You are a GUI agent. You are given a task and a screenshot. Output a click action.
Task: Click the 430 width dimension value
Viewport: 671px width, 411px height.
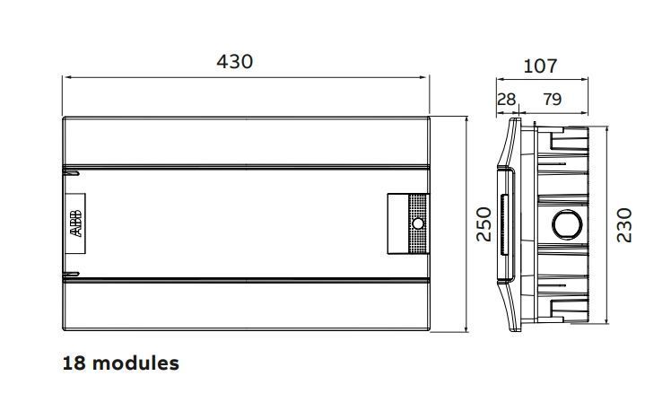pyautogui.click(x=234, y=62)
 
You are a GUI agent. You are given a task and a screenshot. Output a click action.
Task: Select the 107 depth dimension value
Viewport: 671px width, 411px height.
pyautogui.click(x=541, y=66)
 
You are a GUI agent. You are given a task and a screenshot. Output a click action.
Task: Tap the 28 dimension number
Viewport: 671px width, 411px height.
pyautogui.click(x=506, y=100)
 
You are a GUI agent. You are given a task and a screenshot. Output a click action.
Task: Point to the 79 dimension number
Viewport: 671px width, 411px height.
pyautogui.click(x=552, y=100)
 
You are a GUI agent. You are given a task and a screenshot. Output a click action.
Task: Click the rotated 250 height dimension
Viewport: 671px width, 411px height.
pyautogui.click(x=484, y=224)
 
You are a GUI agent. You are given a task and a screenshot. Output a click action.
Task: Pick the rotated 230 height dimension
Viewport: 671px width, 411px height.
pyautogui.click(x=624, y=225)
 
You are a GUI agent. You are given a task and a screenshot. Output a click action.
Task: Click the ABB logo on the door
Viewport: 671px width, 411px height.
pyautogui.click(x=75, y=223)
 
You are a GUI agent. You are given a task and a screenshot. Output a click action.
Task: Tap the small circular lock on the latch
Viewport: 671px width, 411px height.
pyautogui.click(x=418, y=223)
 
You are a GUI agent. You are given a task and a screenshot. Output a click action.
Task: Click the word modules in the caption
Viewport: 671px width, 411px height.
pyautogui.click(x=135, y=363)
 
